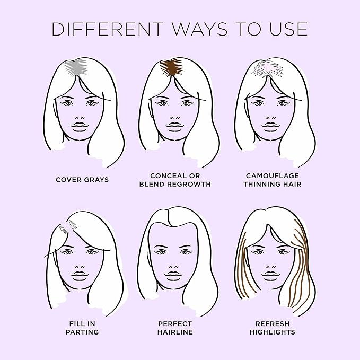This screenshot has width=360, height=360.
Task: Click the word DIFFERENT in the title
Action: click(x=108, y=29)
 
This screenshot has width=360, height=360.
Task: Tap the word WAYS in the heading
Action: click(x=200, y=29)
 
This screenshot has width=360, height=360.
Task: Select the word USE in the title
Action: click(x=288, y=29)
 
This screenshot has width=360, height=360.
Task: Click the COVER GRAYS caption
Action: click(x=82, y=180)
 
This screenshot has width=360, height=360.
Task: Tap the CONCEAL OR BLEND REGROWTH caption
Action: click(x=175, y=180)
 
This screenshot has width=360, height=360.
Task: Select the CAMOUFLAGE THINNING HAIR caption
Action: click(x=273, y=180)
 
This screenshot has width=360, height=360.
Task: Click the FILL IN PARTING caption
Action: click(x=82, y=328)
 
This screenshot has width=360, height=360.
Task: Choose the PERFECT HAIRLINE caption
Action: click(x=175, y=328)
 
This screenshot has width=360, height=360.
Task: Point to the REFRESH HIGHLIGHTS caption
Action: click(x=273, y=328)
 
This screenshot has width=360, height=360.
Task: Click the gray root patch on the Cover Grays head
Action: click(x=76, y=67)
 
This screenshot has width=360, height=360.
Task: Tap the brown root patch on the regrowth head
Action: click(x=171, y=67)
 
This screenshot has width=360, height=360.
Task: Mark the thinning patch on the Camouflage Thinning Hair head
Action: click(x=268, y=68)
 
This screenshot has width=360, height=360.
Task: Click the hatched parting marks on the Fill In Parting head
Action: click(x=68, y=226)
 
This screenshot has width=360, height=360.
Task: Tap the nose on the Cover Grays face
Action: click(x=80, y=118)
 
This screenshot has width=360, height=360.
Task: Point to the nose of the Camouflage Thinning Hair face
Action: click(x=271, y=118)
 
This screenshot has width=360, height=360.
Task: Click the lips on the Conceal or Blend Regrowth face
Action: click(x=175, y=127)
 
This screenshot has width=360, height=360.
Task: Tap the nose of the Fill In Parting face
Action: click(x=80, y=267)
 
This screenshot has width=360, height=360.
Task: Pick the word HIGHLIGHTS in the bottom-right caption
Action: click(x=273, y=332)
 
